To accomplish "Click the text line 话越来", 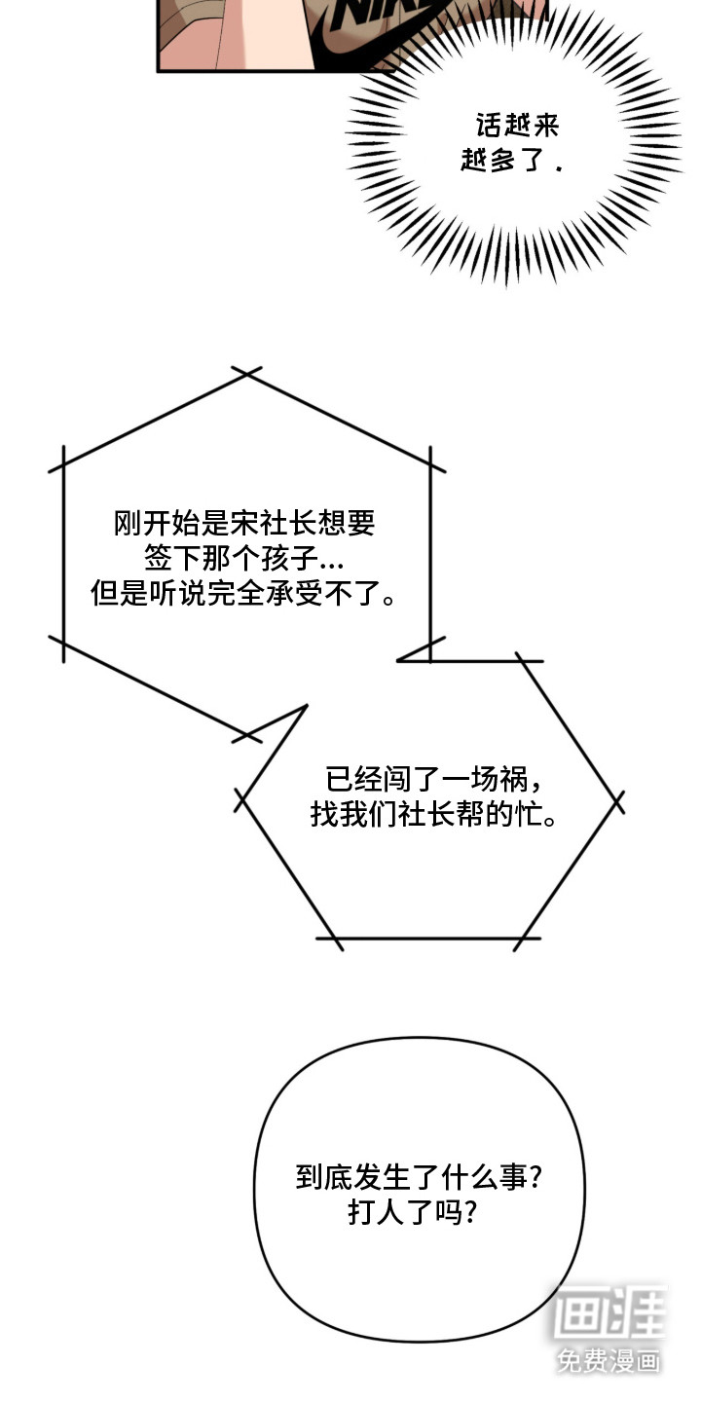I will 518,126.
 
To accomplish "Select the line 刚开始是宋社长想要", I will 244,525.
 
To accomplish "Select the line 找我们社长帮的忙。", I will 433,814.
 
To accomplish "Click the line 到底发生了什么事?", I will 419,1177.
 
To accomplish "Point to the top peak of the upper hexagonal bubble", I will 245,374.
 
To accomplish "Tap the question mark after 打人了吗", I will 469,1213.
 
